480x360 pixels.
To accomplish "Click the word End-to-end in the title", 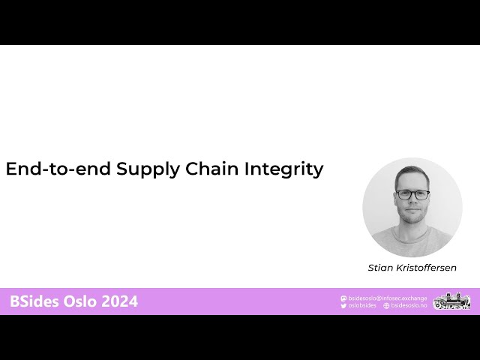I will pyautogui.click(x=58, y=169).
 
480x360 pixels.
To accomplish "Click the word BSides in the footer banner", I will pyautogui.click(x=34, y=301).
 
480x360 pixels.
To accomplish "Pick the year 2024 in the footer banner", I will pyautogui.click(x=119, y=301).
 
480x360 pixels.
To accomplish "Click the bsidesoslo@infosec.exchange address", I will pyautogui.click(x=388, y=298).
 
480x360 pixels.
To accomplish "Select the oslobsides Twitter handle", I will pyautogui.click(x=364, y=306).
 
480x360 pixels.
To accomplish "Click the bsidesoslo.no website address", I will pyautogui.click(x=409, y=306).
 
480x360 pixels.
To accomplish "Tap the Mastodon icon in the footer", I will pyautogui.click(x=343, y=298).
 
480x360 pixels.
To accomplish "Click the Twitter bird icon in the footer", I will pyautogui.click(x=343, y=306).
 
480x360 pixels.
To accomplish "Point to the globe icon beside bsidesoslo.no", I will pyautogui.click(x=386, y=306).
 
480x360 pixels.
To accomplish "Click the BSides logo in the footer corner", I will pyautogui.click(x=451, y=301).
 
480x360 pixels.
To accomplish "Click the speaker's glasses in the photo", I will pyautogui.click(x=412, y=194).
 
